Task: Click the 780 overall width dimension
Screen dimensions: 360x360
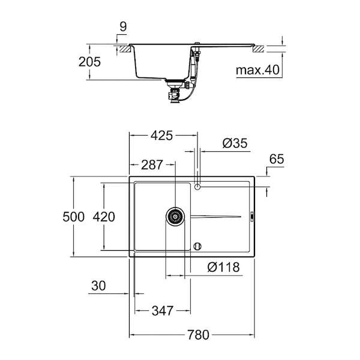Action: (198, 335)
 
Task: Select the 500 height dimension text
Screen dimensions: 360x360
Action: (74, 217)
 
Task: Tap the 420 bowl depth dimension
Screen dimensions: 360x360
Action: (104, 217)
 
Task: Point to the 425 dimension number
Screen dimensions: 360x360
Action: (161, 136)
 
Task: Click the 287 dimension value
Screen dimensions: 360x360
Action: (152, 165)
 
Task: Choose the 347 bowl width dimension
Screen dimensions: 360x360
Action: (163, 311)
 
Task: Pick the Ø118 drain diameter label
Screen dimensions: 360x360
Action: (223, 267)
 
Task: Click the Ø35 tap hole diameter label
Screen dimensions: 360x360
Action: (235, 143)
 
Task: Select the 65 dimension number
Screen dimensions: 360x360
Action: (277, 159)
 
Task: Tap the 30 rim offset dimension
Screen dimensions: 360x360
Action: (98, 286)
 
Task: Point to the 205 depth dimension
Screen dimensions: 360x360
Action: (89, 62)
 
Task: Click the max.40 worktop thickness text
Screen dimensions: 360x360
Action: (257, 70)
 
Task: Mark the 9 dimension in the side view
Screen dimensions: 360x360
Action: (123, 26)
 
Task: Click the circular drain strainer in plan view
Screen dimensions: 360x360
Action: (175, 217)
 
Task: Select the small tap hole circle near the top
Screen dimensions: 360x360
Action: (197, 187)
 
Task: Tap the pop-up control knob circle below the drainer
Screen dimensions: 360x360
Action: (197, 247)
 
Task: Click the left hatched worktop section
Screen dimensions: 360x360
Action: (125, 49)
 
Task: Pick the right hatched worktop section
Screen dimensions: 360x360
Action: (258, 49)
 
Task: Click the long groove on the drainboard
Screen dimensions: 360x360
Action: (216, 217)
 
